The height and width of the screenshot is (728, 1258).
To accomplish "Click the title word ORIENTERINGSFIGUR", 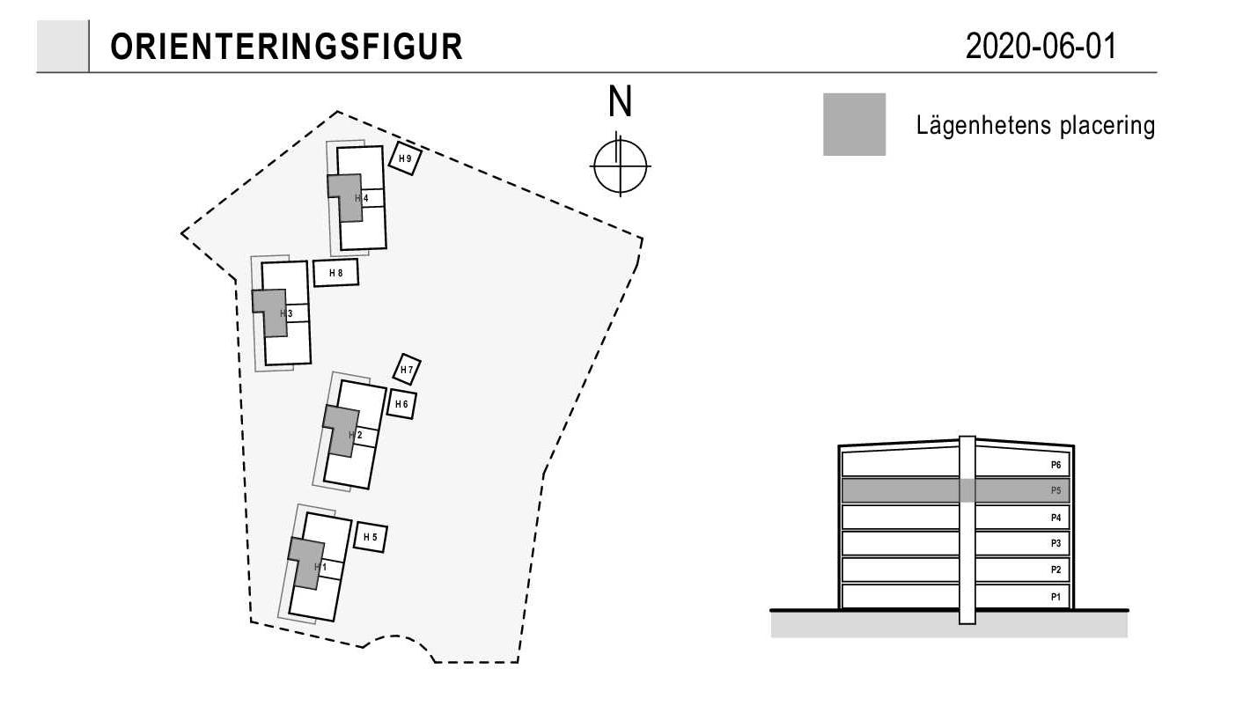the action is (x=286, y=47).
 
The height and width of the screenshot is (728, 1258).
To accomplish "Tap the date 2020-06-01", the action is (x=1041, y=47).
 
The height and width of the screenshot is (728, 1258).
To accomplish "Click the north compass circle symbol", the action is (x=620, y=166).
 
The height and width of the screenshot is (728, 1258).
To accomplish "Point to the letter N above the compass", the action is (x=620, y=101).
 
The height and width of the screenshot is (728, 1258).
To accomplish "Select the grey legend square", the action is (x=854, y=124).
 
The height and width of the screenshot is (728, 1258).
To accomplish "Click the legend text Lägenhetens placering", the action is (x=1035, y=125).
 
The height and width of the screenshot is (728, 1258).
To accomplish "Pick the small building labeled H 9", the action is (x=405, y=158).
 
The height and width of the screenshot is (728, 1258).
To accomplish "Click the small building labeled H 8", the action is (x=335, y=273).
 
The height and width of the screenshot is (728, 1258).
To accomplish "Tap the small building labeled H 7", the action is (x=407, y=370).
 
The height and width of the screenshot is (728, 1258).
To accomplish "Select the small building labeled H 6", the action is (x=401, y=404).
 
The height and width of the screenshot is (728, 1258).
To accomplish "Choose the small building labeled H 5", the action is (x=370, y=537).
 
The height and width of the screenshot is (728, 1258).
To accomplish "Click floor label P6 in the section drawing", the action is (x=1056, y=465).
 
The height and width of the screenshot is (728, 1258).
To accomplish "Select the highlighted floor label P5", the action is (x=1056, y=491).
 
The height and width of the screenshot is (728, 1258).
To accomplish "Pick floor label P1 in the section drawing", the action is (x=1056, y=597).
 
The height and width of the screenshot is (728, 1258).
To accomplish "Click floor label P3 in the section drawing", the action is (x=1056, y=544).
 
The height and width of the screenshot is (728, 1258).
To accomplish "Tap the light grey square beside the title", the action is (x=63, y=46).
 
